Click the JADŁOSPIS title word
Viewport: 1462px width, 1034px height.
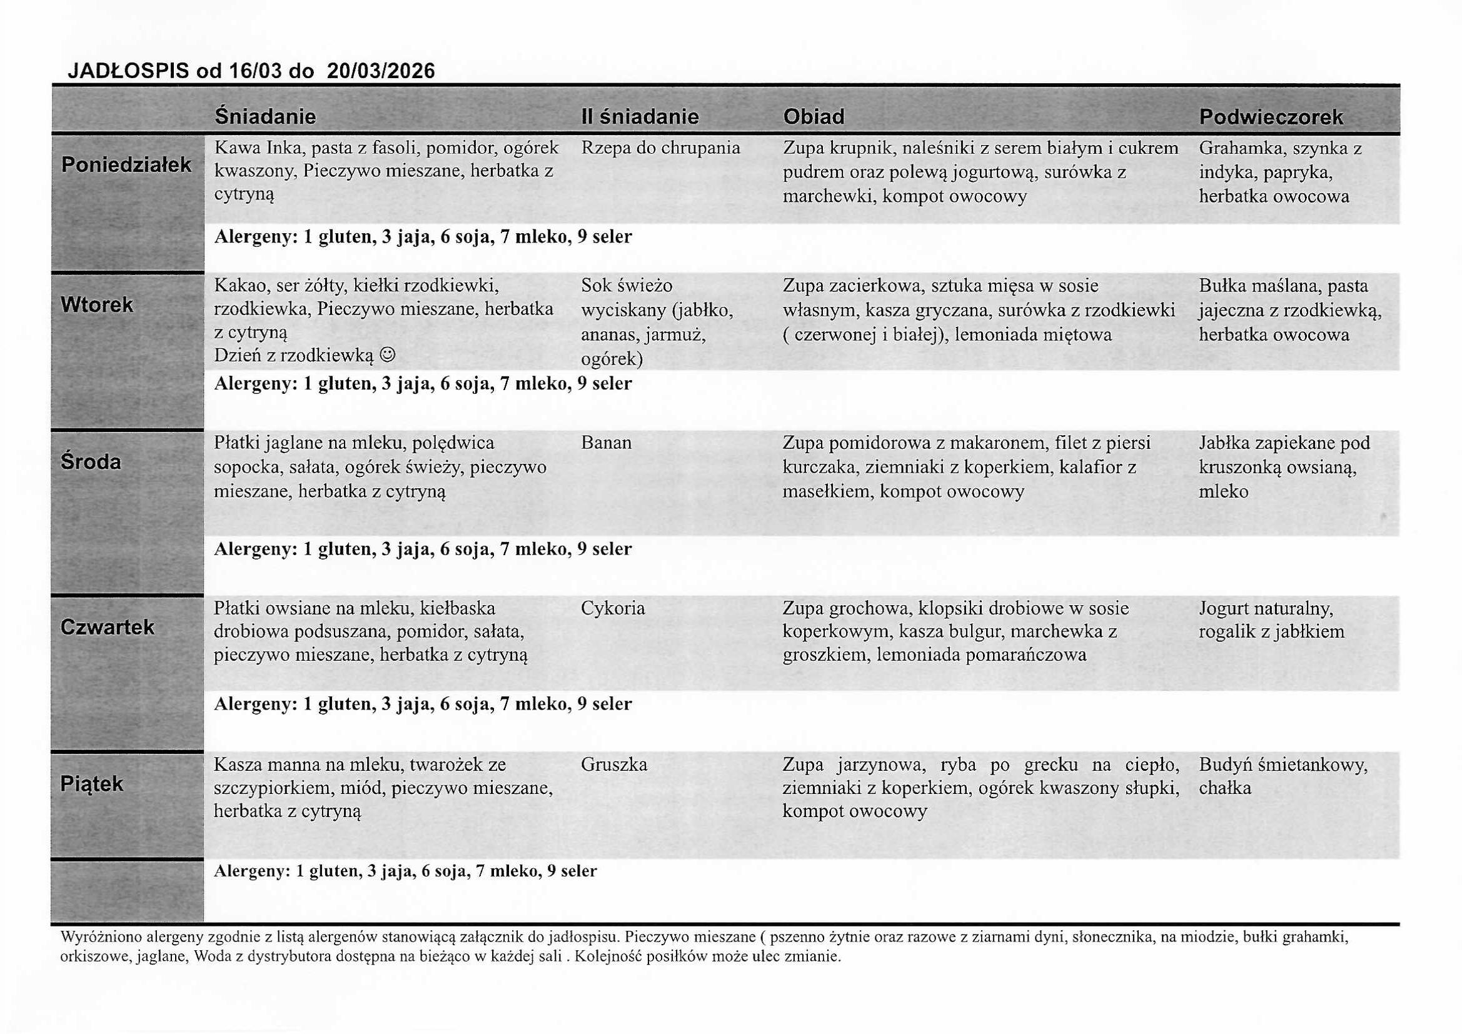pyautogui.click(x=128, y=70)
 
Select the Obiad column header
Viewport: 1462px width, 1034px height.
pyautogui.click(x=813, y=116)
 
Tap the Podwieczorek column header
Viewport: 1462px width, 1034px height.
pyautogui.click(x=1271, y=117)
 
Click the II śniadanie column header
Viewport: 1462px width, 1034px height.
pyautogui.click(x=639, y=116)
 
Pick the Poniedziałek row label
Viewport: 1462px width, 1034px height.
pyautogui.click(x=126, y=165)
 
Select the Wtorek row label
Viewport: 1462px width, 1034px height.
pyautogui.click(x=97, y=305)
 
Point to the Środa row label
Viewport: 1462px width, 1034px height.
pyautogui.click(x=91, y=461)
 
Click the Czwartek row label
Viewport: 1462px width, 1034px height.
pyautogui.click(x=107, y=627)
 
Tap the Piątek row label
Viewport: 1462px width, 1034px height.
pyautogui.click(x=92, y=784)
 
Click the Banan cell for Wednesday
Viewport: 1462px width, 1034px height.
pyautogui.click(x=605, y=443)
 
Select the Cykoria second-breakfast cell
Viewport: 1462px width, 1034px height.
pyautogui.click(x=613, y=608)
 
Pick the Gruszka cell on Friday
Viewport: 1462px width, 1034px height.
pyautogui.click(x=614, y=764)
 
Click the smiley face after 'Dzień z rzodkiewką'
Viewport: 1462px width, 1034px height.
pyautogui.click(x=387, y=355)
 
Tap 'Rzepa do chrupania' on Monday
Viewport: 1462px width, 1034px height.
pyautogui.click(x=660, y=148)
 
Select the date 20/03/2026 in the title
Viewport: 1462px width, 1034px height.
pyautogui.click(x=381, y=70)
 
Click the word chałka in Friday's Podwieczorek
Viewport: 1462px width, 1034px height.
pyautogui.click(x=1224, y=788)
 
